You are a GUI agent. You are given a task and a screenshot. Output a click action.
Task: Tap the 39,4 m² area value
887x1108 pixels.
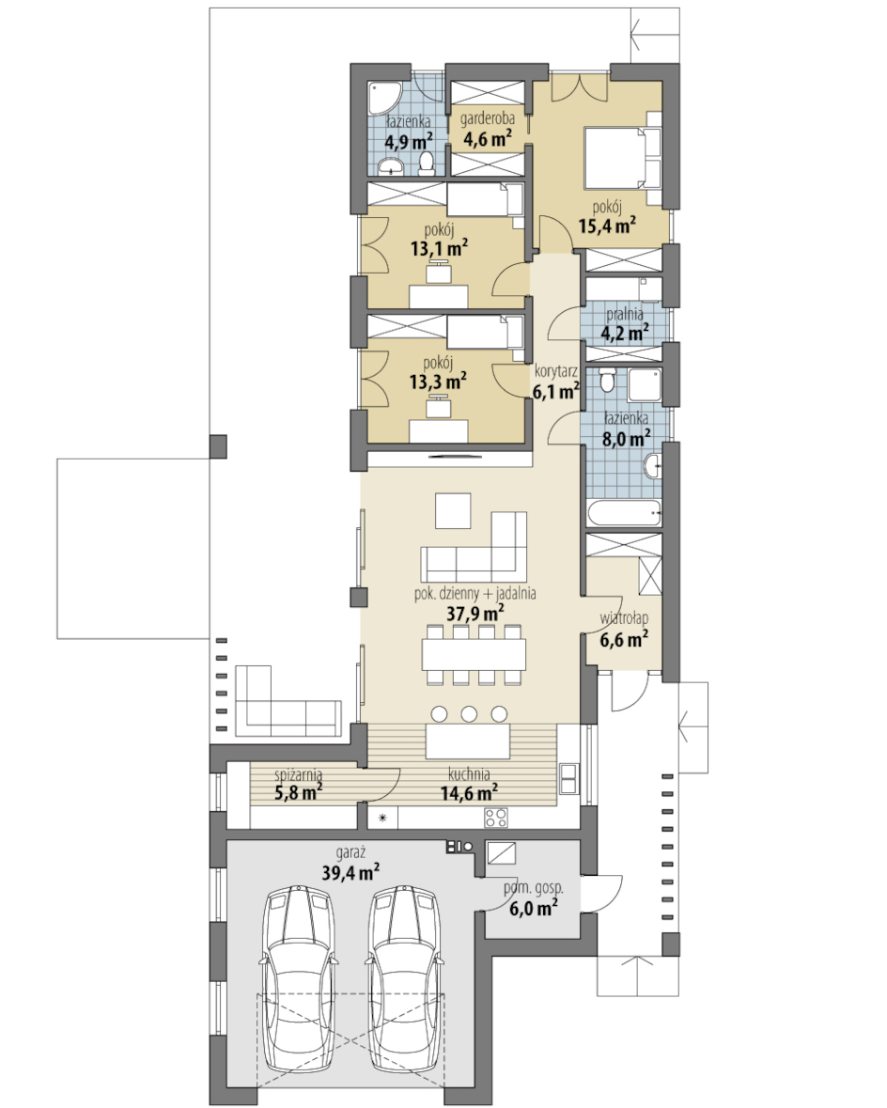tap(350, 872)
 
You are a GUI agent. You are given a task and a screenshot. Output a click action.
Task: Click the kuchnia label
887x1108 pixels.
tap(469, 773)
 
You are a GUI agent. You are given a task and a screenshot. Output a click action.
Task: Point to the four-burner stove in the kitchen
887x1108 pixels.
tap(495, 818)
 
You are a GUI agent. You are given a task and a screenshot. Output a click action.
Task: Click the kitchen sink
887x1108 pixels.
tap(568, 779)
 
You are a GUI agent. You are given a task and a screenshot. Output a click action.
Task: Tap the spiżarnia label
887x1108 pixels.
tap(298, 774)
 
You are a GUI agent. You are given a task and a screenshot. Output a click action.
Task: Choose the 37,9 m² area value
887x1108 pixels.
tap(475, 613)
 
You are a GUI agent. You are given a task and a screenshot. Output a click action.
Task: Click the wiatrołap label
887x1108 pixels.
tap(624, 619)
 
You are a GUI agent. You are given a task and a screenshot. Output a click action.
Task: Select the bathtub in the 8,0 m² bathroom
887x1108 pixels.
tap(623, 512)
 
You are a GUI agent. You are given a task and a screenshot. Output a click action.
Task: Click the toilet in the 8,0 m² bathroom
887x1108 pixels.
tap(606, 381)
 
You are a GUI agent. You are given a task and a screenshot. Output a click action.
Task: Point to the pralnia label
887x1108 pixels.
tap(625, 314)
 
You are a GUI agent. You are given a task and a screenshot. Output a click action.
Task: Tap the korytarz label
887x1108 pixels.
tap(556, 371)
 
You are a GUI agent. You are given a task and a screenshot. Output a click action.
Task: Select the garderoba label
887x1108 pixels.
tap(487, 118)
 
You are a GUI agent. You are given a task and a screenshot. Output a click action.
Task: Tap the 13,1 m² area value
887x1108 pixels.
tap(439, 248)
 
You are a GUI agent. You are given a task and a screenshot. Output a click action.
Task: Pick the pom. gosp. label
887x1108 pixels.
tap(533, 888)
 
